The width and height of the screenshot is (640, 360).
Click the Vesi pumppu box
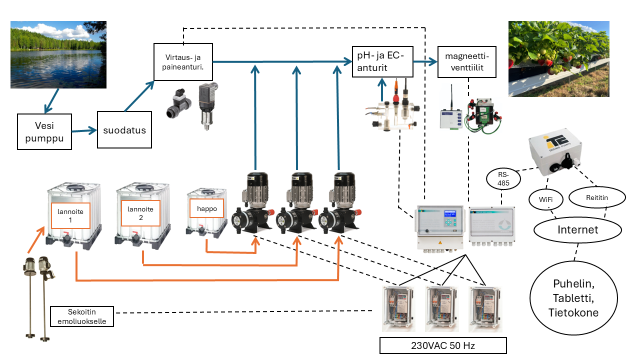point(44,131)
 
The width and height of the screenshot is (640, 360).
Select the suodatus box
point(124,130)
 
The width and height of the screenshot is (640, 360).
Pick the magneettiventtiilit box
point(467,61)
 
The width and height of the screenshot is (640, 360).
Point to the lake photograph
point(58,54)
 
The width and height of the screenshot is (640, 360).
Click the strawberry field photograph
point(558,58)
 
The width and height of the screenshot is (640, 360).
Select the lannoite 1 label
point(70,215)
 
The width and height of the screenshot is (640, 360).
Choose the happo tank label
point(207,208)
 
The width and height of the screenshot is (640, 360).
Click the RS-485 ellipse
point(503,179)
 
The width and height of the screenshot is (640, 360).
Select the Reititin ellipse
point(597,197)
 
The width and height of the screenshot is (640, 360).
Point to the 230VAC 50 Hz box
point(443,345)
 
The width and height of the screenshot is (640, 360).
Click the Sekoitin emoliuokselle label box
point(82,316)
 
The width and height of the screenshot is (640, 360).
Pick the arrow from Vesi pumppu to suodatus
point(83,131)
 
